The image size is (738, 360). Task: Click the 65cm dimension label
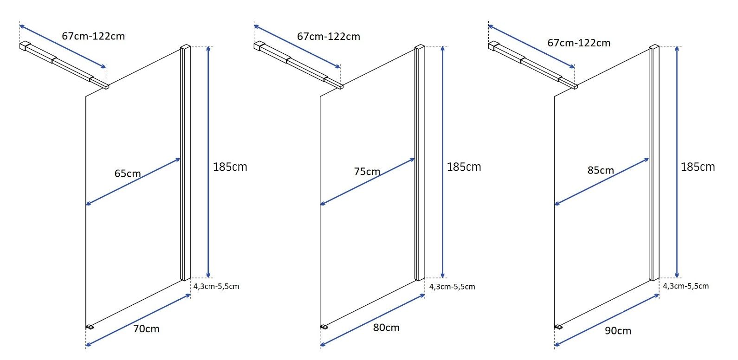click(x=128, y=174)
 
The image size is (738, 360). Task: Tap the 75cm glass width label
click(x=367, y=172)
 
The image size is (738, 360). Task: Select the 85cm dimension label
click(x=601, y=170)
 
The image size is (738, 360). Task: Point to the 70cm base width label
click(x=146, y=329)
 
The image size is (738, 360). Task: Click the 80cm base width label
click(x=386, y=328)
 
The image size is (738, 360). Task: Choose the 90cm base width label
click(x=618, y=331)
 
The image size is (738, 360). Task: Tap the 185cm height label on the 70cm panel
click(x=230, y=167)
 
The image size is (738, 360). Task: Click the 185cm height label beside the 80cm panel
click(x=464, y=167)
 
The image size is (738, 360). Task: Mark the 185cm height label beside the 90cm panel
click(x=698, y=167)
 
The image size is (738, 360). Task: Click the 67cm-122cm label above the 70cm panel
click(x=93, y=36)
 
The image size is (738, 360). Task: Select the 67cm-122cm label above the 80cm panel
click(x=329, y=37)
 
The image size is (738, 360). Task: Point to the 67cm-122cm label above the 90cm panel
click(x=579, y=43)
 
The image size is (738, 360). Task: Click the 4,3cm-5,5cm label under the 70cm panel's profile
click(x=216, y=287)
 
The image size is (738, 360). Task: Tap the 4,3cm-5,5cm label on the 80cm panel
click(x=452, y=287)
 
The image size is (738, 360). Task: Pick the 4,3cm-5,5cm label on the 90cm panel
click(x=686, y=286)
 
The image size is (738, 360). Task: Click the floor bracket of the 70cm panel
click(x=90, y=327)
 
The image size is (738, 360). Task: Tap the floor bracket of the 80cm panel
click(x=324, y=327)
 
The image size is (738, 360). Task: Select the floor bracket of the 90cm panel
click(x=558, y=327)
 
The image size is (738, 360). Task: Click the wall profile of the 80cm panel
click(x=420, y=163)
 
